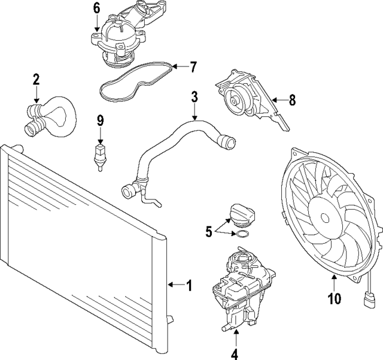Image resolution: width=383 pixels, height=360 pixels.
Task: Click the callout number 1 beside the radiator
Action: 189,286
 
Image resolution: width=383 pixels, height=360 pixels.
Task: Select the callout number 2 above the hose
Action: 37,78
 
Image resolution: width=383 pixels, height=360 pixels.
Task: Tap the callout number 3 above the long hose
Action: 194,96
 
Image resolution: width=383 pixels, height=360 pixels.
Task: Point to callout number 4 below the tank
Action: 235,354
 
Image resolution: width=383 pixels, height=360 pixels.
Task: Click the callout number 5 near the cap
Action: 208,231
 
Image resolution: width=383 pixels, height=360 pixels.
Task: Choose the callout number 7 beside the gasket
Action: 193,67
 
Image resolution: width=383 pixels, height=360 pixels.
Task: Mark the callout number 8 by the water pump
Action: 292,100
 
